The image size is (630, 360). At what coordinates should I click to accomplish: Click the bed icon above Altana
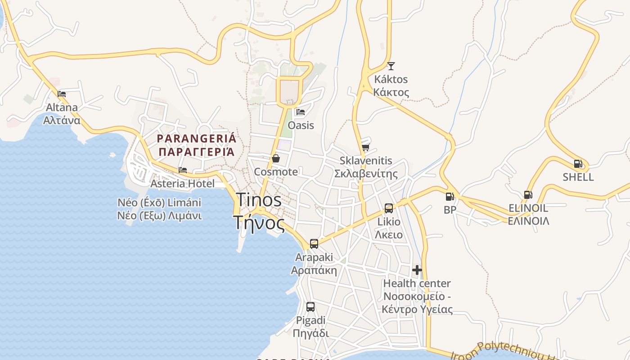(x=62, y=94)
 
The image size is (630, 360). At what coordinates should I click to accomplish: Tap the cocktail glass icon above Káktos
(x=391, y=66)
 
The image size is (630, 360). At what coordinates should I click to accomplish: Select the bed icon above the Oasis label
(x=301, y=112)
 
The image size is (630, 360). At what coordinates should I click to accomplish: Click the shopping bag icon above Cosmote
(x=276, y=158)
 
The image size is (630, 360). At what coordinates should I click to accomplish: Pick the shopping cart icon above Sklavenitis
(x=365, y=147)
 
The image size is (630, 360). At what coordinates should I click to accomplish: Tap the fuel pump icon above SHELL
(x=578, y=164)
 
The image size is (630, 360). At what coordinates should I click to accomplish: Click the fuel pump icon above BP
(x=449, y=197)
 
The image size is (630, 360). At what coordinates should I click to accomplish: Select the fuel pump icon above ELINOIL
(x=527, y=195)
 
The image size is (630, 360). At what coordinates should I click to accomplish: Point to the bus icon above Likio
(x=389, y=208)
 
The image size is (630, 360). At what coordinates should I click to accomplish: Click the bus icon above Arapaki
(x=314, y=244)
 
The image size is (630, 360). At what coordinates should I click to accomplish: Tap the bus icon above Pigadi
(x=310, y=307)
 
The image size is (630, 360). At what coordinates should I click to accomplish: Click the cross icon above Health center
(x=417, y=270)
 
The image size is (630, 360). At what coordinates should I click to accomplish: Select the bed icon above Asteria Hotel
(x=183, y=170)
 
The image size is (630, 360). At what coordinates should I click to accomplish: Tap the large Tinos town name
(x=259, y=200)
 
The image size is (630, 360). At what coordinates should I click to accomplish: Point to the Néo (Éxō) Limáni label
(x=159, y=202)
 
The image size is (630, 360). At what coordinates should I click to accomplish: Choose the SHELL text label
(x=578, y=177)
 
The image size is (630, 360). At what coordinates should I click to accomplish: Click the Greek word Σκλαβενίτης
(x=366, y=174)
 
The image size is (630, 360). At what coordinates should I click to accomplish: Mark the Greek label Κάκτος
(x=391, y=93)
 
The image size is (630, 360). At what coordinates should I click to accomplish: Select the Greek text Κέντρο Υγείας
(x=417, y=309)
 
